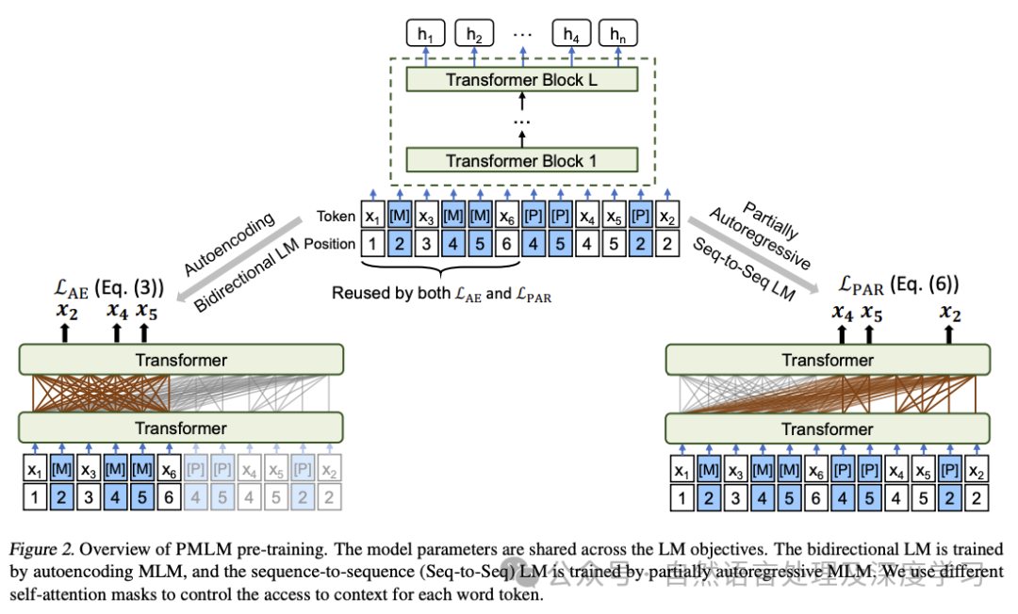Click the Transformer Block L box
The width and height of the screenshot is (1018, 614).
(x=521, y=80)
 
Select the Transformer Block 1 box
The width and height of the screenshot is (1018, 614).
(x=521, y=161)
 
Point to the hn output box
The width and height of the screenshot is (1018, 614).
(x=617, y=34)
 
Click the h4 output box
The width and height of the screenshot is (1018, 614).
(x=571, y=34)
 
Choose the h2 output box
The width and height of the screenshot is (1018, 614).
(x=474, y=34)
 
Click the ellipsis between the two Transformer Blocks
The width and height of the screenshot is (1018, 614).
(x=521, y=123)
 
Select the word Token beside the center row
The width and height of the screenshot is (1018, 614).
(x=336, y=217)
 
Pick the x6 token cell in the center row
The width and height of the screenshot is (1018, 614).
(x=507, y=217)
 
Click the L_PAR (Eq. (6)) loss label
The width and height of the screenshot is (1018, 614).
(x=901, y=285)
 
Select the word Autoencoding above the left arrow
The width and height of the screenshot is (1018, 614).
(x=228, y=244)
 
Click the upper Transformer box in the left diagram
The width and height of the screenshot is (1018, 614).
(x=181, y=360)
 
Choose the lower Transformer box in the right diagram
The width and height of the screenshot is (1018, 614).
(x=828, y=428)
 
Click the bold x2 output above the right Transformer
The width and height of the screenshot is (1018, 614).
(x=949, y=313)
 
